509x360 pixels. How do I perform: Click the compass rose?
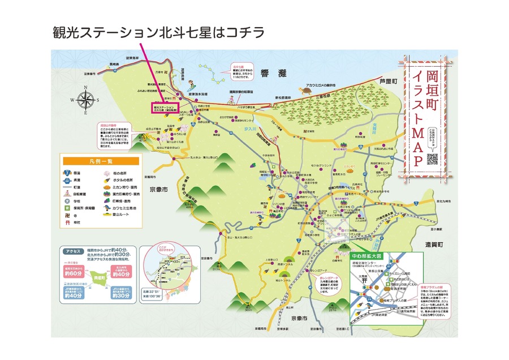[86, 100]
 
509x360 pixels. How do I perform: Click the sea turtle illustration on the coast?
[307, 89]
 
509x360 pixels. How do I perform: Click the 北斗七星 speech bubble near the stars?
[242, 69]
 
